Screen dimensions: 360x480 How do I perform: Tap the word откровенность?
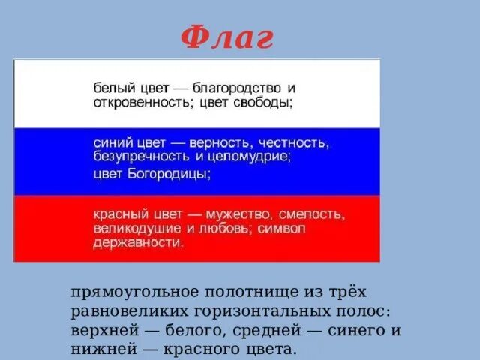[139, 103]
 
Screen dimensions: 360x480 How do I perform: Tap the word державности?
[138, 243]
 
